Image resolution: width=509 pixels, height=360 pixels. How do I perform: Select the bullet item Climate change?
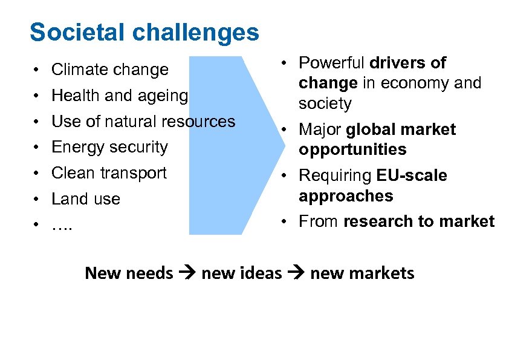109,70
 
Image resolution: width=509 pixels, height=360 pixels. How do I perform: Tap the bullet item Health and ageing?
120,96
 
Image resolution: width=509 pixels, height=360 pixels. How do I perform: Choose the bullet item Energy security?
109,147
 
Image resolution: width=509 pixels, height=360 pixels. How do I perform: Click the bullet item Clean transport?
109,173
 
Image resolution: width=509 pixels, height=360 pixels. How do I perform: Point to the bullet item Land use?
86,199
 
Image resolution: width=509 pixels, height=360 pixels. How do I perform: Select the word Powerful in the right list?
332,63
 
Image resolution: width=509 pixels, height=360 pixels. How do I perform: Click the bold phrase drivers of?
407,63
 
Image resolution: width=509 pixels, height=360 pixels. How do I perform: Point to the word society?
325,104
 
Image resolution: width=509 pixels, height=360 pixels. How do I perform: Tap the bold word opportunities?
352,150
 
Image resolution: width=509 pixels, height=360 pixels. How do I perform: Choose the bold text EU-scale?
411,176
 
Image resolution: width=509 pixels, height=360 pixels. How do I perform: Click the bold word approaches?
346,196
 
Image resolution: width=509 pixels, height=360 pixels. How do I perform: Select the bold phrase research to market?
418,221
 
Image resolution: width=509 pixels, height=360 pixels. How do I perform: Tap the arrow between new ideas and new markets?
296,273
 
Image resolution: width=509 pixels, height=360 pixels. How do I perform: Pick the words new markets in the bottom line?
362,273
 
